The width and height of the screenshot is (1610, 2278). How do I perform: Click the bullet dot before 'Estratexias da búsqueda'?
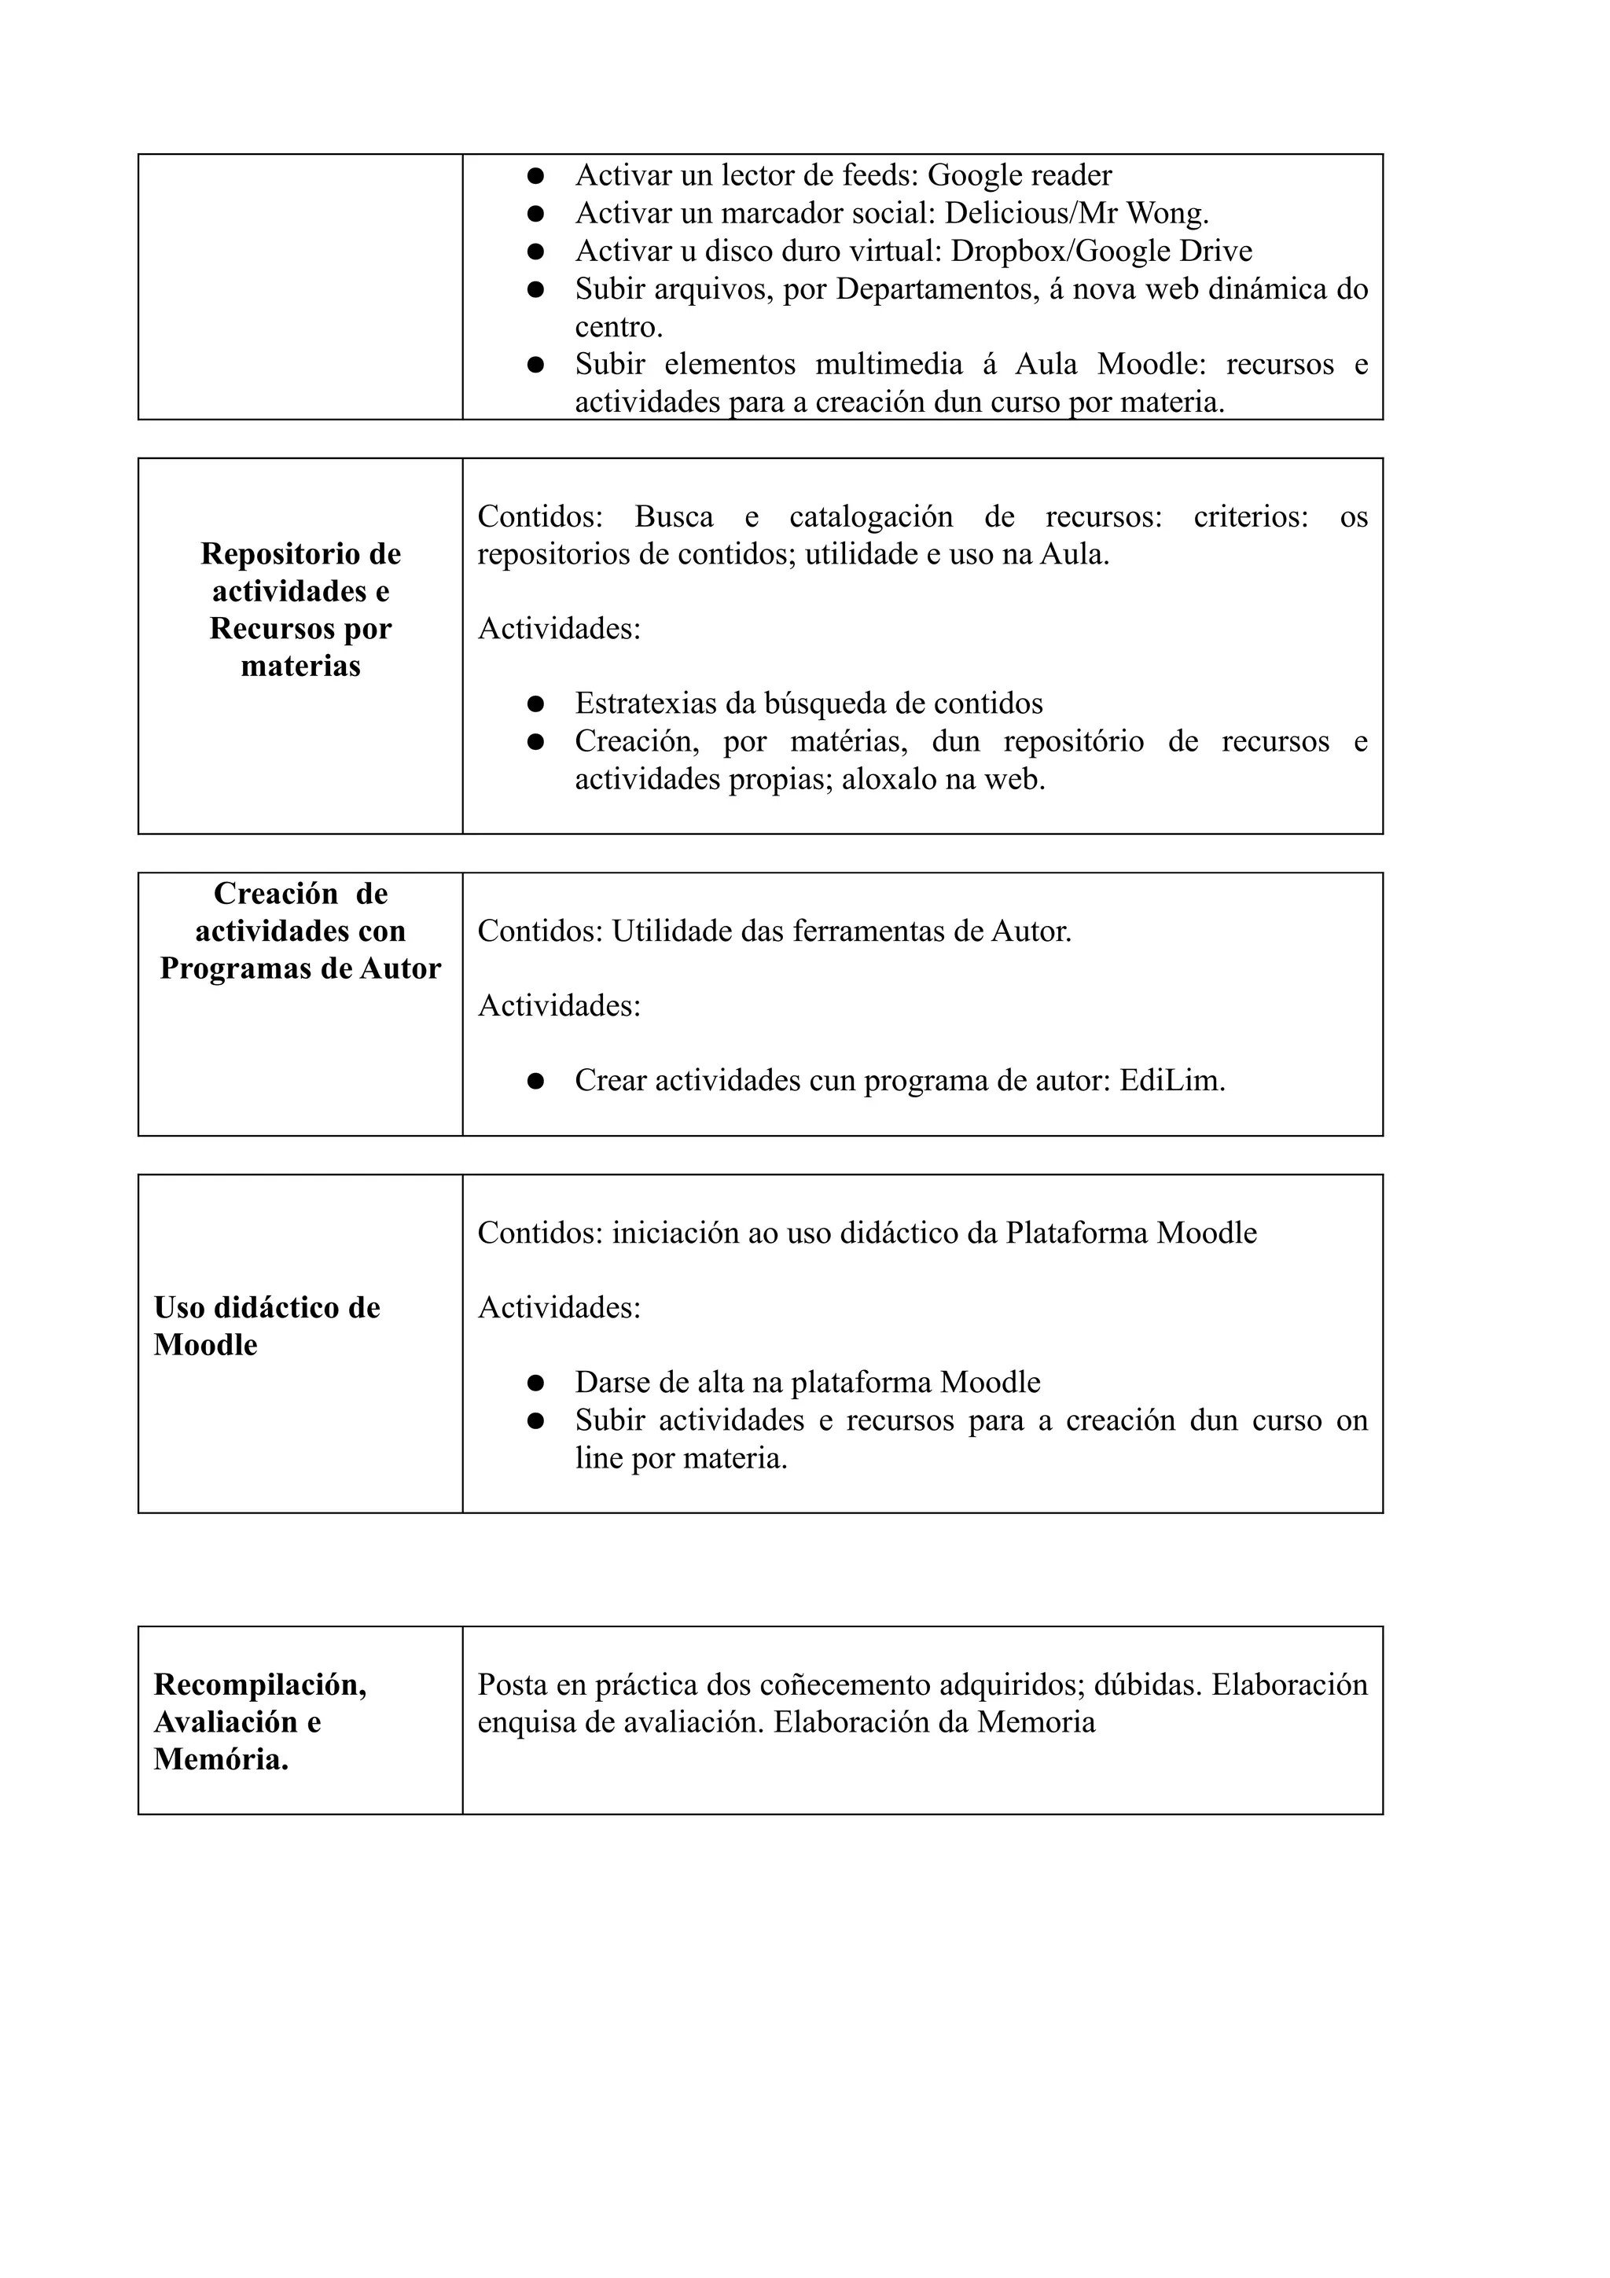coord(535,704)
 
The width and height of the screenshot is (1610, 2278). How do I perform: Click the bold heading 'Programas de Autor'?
coord(300,968)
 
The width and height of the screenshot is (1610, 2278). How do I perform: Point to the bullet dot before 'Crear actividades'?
coord(535,1082)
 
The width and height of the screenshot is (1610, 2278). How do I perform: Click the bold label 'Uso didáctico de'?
coord(266,1308)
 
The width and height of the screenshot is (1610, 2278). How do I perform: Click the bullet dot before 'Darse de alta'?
coord(535,1383)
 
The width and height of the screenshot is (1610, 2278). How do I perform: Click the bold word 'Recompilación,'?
coord(260,1685)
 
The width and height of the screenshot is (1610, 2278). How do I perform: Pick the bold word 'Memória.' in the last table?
coord(221,1760)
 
